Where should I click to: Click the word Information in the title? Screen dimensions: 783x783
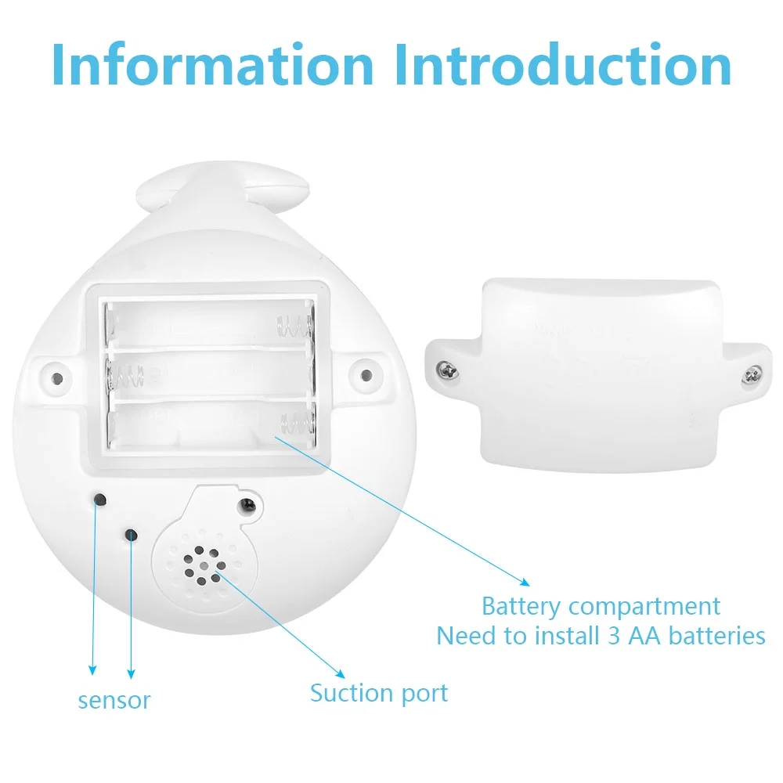(x=213, y=65)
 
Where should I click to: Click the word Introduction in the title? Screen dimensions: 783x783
(x=563, y=65)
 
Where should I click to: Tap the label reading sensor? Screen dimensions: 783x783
(x=114, y=701)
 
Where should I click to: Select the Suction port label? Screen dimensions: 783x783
(x=379, y=694)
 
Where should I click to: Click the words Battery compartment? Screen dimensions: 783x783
(x=601, y=607)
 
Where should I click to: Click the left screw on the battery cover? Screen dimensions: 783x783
(x=447, y=370)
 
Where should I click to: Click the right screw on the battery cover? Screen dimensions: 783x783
(x=752, y=374)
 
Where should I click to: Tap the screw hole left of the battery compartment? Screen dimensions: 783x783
(x=57, y=378)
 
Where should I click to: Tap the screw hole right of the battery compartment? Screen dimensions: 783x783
(x=366, y=374)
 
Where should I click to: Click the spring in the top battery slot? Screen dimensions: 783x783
(x=294, y=327)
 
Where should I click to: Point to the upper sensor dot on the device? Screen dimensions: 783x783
(x=100, y=500)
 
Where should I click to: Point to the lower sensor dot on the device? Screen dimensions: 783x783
(x=132, y=536)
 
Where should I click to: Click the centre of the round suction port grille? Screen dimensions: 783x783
(x=204, y=565)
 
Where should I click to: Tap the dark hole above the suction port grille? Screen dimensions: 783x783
(x=247, y=507)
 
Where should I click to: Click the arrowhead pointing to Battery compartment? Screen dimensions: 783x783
(x=525, y=583)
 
